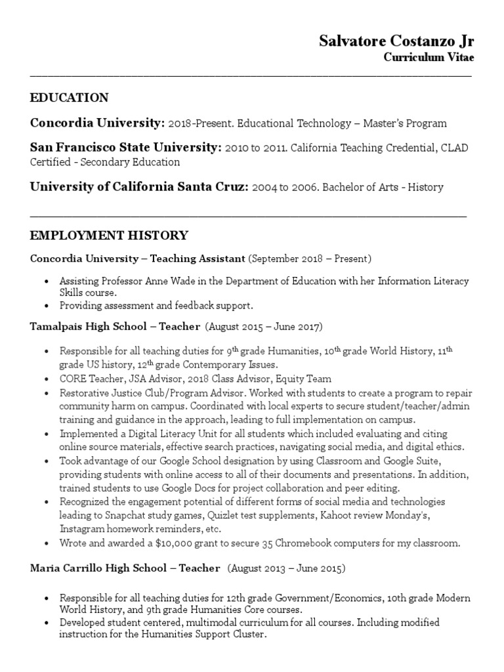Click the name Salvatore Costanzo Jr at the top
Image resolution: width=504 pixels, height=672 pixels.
tap(396, 41)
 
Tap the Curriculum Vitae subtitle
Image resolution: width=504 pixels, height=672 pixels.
tap(428, 58)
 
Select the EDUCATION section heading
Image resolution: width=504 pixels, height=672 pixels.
tap(70, 98)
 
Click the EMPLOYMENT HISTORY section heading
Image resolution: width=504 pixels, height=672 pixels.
tap(109, 235)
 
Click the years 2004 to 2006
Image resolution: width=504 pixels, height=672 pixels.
tap(282, 188)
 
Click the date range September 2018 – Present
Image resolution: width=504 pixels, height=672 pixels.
tap(310, 259)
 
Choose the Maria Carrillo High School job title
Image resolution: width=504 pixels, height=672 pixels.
tap(125, 568)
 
